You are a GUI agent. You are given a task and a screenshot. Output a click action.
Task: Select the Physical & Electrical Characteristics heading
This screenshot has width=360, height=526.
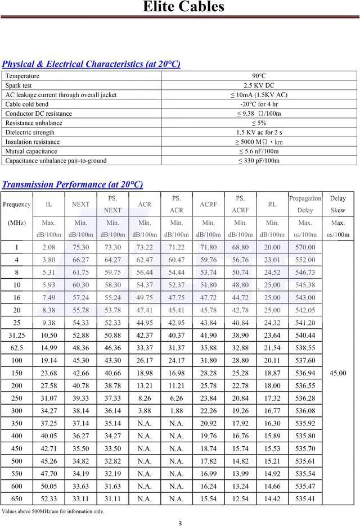tap(91, 64)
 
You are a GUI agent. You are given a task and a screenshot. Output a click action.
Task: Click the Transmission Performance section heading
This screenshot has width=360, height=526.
tap(73, 184)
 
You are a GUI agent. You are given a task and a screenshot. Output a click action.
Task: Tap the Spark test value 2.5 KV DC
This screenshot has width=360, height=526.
tap(259, 85)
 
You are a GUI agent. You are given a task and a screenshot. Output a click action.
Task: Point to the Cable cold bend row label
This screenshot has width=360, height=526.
tap(27, 104)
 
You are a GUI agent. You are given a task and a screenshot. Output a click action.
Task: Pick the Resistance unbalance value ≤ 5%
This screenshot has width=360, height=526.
tap(259, 123)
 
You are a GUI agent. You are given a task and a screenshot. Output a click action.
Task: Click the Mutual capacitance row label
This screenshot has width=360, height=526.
tap(31, 151)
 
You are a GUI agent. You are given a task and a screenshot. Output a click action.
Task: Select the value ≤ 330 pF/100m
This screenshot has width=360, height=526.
tap(259, 161)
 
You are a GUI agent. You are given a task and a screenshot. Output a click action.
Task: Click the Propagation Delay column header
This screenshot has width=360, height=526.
tap(305, 204)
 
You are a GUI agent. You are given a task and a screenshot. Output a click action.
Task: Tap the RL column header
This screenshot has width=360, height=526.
tap(272, 205)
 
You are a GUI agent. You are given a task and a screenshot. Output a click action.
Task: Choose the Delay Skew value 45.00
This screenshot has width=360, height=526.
tap(337, 373)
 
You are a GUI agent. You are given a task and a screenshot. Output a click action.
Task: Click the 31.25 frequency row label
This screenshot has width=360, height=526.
tap(17, 335)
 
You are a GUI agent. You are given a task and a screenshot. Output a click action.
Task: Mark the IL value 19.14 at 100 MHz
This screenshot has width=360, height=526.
tap(49, 361)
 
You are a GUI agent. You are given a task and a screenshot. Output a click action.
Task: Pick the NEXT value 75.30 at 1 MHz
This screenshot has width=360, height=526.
tap(81, 247)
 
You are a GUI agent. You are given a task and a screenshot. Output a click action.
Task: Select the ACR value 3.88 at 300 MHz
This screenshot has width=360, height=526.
tap(145, 411)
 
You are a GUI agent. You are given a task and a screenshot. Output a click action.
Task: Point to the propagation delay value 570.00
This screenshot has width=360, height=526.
tap(305, 247)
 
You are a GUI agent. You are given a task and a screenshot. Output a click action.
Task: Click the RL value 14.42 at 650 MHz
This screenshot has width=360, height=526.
tap(272, 499)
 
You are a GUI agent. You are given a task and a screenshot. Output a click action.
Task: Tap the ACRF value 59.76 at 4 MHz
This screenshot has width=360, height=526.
tap(208, 260)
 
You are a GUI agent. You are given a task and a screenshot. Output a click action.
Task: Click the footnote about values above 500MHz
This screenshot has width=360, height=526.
tap(53, 511)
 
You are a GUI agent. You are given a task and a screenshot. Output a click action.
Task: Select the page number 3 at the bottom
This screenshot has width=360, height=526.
tap(180, 523)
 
